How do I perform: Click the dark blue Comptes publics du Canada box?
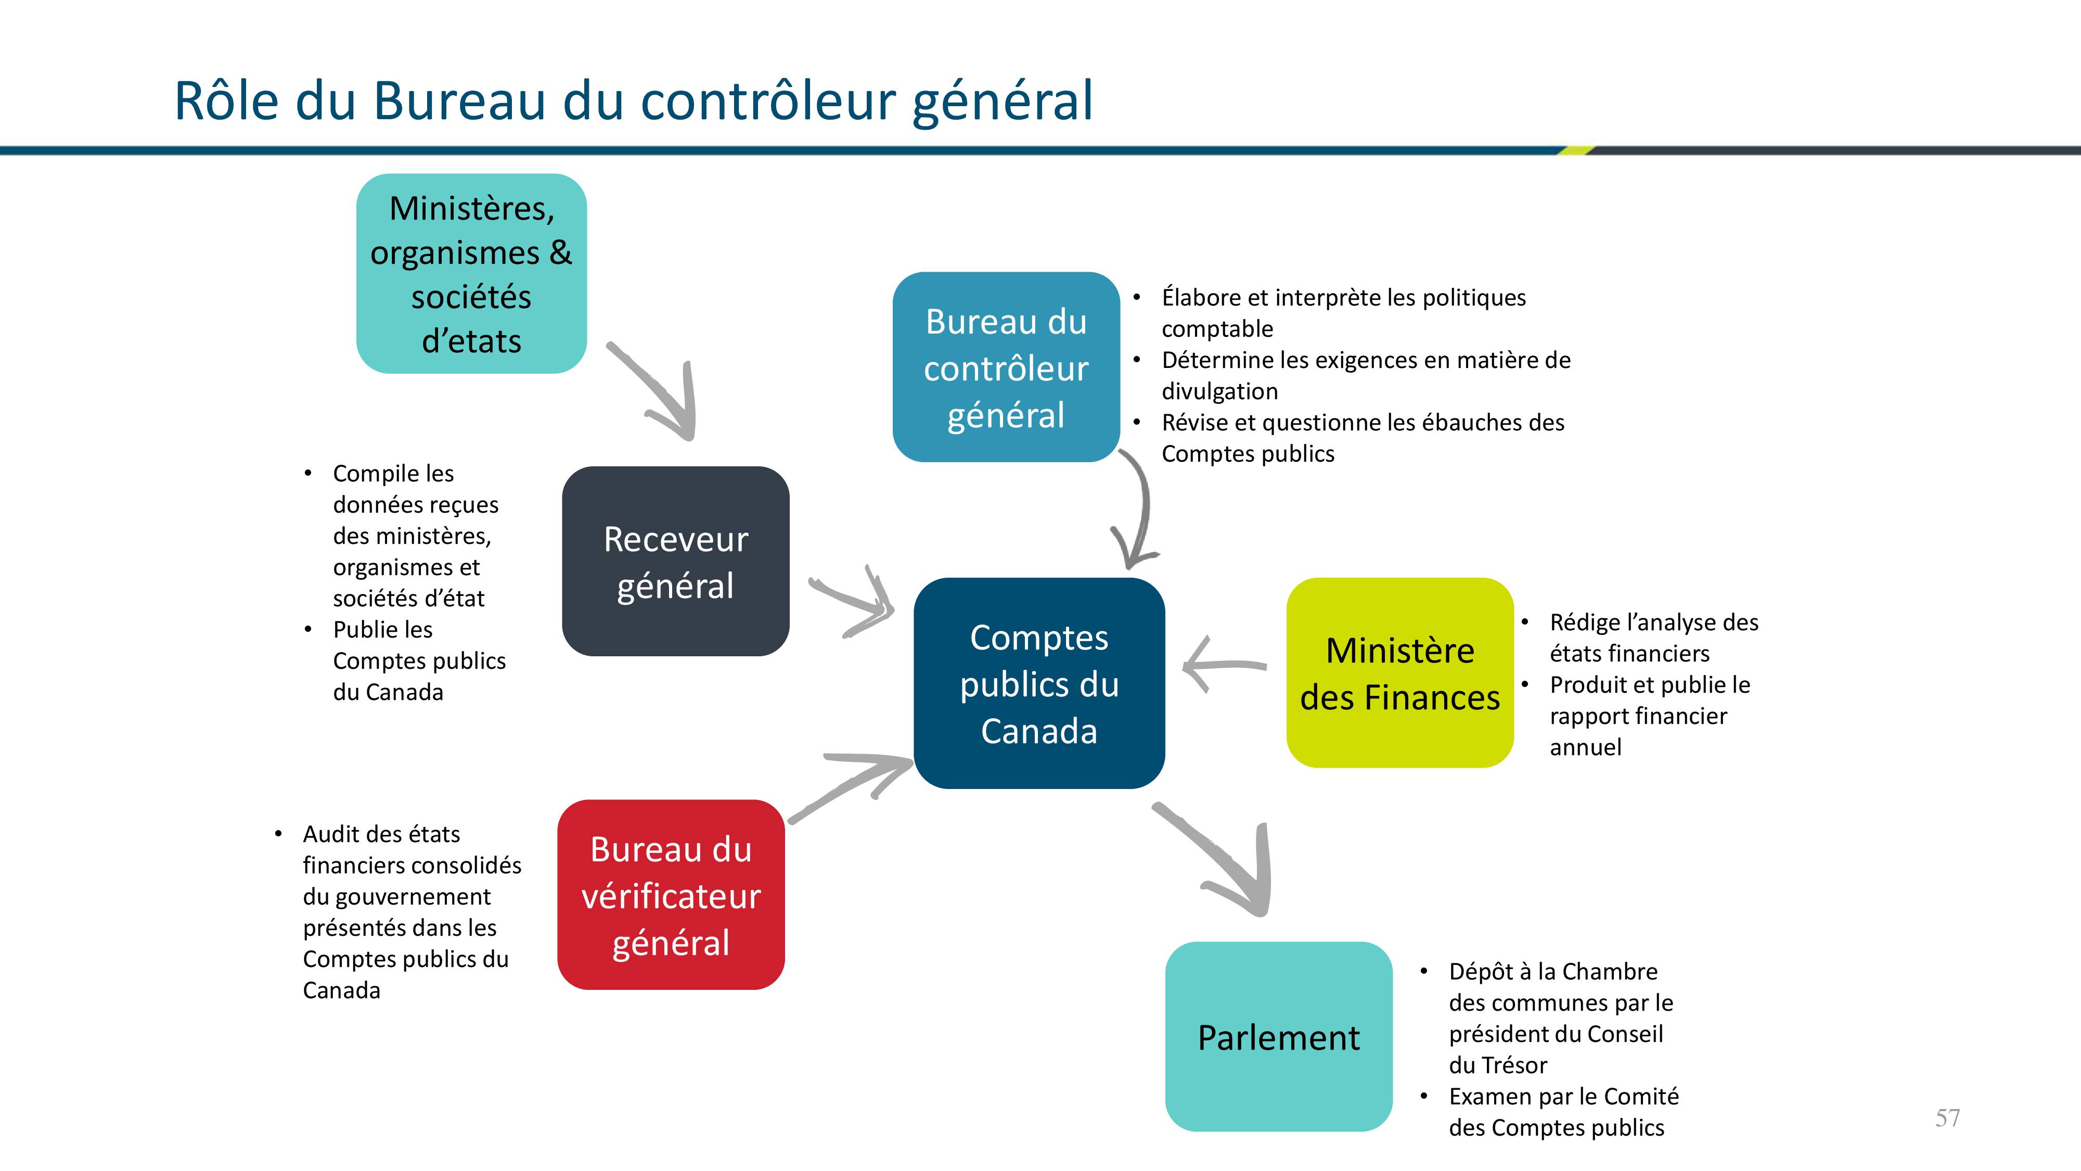tap(1039, 683)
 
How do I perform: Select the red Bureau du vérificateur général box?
tap(671, 895)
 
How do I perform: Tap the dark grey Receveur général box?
tap(675, 561)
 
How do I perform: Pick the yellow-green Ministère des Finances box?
tap(1399, 672)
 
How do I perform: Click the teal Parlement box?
tap(1278, 1036)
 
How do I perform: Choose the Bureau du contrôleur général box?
tap(1006, 367)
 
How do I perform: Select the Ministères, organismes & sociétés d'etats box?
tap(471, 273)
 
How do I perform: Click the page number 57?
tap(1947, 1118)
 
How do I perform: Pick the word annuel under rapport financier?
tap(1585, 747)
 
